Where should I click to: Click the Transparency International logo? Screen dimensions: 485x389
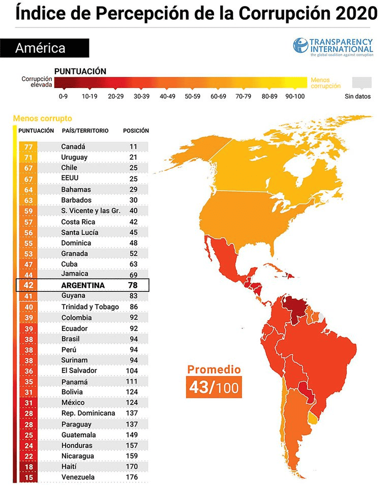click(x=333, y=47)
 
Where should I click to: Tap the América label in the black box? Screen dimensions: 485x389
click(x=40, y=48)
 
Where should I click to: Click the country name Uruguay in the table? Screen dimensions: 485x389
click(x=74, y=157)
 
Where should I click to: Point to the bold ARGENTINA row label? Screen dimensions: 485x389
click(x=83, y=285)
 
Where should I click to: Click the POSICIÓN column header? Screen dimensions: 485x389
click(x=136, y=131)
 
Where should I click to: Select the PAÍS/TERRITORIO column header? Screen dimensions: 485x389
click(x=85, y=131)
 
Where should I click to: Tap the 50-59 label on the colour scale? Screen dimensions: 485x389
click(x=193, y=96)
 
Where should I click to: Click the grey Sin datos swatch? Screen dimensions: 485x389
click(x=362, y=83)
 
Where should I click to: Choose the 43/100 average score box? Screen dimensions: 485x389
click(x=213, y=387)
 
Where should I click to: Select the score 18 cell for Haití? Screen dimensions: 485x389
click(x=28, y=467)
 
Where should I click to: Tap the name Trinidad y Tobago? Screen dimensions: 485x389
click(x=90, y=307)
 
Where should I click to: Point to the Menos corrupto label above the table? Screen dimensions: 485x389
click(x=42, y=118)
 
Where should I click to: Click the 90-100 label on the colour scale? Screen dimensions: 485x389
click(x=294, y=96)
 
